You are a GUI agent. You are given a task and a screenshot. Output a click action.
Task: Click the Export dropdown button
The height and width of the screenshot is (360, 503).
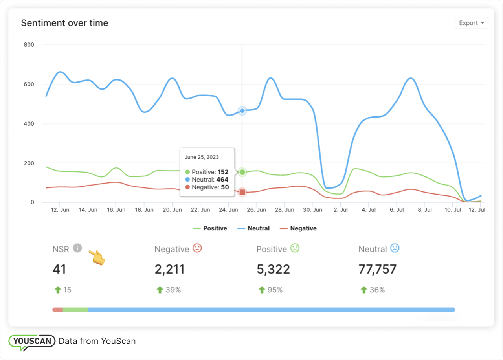click(x=471, y=23)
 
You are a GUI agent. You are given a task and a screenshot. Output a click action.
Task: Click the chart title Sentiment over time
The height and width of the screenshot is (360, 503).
click(x=64, y=23)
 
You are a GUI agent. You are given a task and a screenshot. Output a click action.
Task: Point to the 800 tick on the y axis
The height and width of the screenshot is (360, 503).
click(x=29, y=45)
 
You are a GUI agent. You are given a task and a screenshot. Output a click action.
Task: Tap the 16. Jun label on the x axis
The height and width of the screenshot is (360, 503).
click(x=116, y=210)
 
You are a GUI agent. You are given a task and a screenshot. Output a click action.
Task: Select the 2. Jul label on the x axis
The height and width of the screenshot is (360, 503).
click(x=341, y=210)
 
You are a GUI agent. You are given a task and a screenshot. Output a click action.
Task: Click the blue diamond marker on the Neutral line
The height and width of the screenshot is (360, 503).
click(x=242, y=111)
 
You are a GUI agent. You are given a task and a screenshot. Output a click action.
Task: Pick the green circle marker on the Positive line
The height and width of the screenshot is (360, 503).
click(x=242, y=172)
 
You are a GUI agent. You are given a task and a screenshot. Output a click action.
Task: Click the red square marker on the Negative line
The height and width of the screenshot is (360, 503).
click(x=242, y=192)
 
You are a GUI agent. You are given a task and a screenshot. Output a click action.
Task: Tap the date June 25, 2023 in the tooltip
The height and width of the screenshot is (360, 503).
click(x=202, y=157)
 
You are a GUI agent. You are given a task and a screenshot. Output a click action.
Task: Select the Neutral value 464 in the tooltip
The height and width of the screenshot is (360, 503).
click(x=222, y=180)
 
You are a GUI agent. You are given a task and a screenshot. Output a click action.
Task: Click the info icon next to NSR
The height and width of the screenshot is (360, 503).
click(x=77, y=248)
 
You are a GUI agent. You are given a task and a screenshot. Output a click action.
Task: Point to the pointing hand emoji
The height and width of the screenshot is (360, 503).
click(x=96, y=257)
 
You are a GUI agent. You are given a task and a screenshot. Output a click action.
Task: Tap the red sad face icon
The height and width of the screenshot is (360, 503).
click(x=197, y=248)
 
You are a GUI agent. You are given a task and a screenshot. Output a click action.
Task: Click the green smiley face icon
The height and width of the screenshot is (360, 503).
click(x=295, y=248)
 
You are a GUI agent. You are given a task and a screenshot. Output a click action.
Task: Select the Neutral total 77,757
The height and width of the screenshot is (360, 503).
click(x=377, y=269)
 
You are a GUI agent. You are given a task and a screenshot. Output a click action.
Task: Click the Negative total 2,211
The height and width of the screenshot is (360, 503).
click(x=169, y=269)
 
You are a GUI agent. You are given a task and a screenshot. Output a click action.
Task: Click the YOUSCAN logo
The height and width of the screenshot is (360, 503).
click(x=31, y=341)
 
